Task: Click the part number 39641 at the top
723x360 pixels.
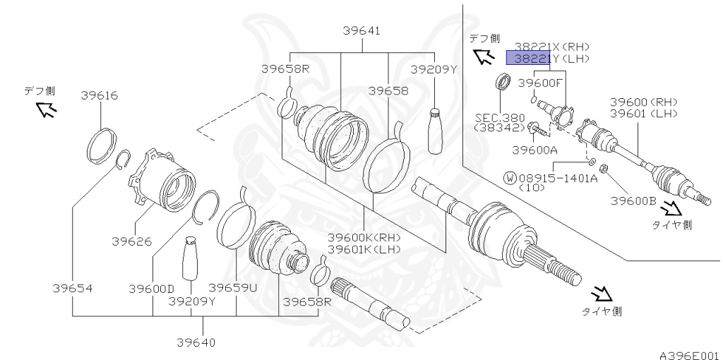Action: (x=361, y=30)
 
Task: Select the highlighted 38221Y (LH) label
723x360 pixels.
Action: (x=547, y=59)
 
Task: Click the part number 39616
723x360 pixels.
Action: (x=99, y=95)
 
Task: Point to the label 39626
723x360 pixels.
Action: (x=131, y=241)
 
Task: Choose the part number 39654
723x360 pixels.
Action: (x=72, y=288)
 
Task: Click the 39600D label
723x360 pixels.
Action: (x=151, y=288)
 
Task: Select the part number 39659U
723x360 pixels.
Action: (x=233, y=288)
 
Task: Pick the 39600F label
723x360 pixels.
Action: (x=541, y=83)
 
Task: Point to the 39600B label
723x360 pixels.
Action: (x=633, y=200)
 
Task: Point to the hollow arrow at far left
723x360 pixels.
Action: (x=47, y=109)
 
